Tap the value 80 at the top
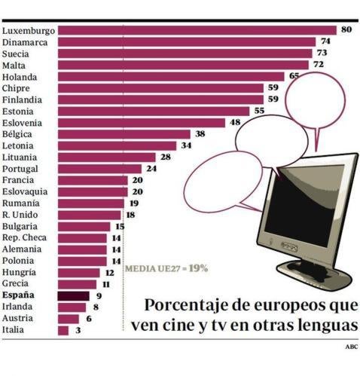tap(346, 30)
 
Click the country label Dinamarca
tap(26, 42)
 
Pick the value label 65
tap(294, 76)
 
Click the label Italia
tap(14, 330)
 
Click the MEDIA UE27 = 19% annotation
tap(166, 267)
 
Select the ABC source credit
tap(351, 347)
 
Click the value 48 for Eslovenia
tap(235, 122)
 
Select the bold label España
tap(18, 296)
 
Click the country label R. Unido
tap(20, 215)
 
